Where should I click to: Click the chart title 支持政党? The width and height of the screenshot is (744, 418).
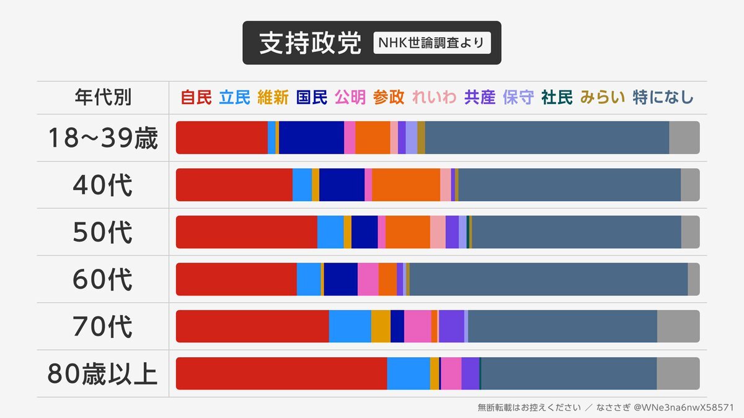(x=309, y=43)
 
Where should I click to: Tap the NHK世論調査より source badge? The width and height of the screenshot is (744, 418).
(x=432, y=43)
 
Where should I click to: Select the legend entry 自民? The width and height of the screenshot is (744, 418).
(x=196, y=97)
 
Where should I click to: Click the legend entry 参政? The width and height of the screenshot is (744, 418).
(x=389, y=97)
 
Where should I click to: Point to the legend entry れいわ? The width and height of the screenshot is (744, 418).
(x=434, y=97)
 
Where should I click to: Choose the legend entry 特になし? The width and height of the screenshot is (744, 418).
(x=663, y=97)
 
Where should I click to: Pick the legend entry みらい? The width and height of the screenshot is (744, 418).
(x=603, y=97)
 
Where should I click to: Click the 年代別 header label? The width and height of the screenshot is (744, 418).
(x=103, y=97)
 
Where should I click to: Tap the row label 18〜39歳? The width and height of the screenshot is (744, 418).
(x=103, y=138)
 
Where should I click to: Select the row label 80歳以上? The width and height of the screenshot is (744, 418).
(x=103, y=373)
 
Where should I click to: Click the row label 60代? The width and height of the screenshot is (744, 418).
(x=103, y=279)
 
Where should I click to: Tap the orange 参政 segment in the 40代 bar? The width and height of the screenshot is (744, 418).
(x=406, y=185)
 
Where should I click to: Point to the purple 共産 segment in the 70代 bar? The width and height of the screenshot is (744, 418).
(x=451, y=326)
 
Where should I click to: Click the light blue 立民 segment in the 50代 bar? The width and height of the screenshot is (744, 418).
(x=330, y=232)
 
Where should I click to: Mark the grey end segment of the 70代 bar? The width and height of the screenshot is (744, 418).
(x=678, y=326)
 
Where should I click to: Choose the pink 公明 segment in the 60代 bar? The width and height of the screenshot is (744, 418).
(x=368, y=279)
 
